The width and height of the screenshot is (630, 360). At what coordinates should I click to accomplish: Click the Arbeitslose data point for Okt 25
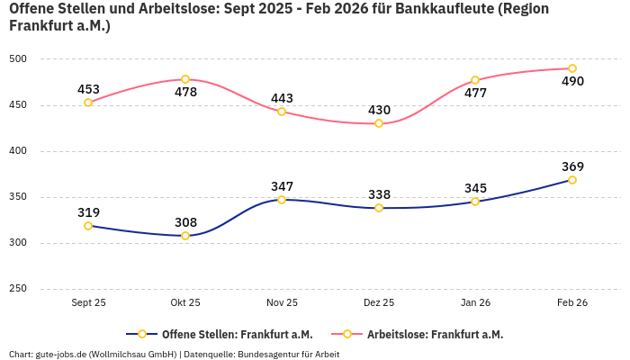(x=185, y=79)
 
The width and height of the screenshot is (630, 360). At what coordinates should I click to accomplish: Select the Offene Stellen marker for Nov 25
(x=282, y=200)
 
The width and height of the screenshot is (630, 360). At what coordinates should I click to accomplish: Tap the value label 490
(x=572, y=82)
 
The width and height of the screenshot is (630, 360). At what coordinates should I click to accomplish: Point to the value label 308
(x=185, y=222)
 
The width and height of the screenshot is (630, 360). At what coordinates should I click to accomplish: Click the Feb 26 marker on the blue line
(x=572, y=180)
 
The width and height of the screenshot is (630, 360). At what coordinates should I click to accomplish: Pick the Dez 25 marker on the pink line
(x=379, y=123)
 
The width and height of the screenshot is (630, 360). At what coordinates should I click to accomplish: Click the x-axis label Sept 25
(x=88, y=303)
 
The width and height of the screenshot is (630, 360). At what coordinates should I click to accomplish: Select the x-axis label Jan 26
(x=475, y=303)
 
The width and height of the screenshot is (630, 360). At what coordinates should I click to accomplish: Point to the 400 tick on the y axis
(x=18, y=151)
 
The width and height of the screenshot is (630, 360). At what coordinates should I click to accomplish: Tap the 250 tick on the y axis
(x=18, y=289)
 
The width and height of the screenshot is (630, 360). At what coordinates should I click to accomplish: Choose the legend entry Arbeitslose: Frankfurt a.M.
(x=435, y=334)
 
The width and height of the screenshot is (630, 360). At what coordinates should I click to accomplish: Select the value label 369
(x=572, y=166)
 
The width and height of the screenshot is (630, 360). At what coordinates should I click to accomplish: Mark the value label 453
(x=88, y=89)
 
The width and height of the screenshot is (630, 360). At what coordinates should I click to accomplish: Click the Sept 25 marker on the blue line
(x=88, y=226)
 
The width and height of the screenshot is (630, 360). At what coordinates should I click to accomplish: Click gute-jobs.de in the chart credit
(x=58, y=354)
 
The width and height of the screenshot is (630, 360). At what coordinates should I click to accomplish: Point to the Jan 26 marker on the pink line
(x=475, y=80)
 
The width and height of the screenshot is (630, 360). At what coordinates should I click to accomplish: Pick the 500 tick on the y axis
(x=18, y=59)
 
